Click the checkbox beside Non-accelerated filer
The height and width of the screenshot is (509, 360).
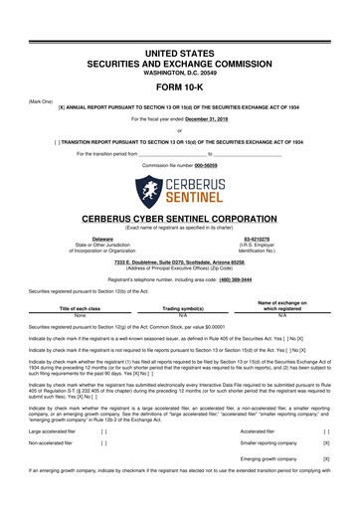[104, 448]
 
